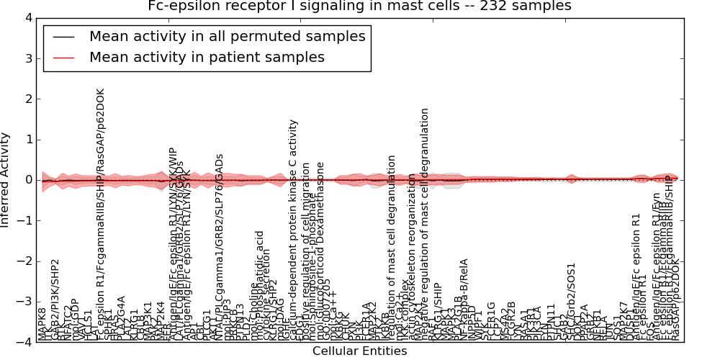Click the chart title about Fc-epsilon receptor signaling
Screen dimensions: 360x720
359,6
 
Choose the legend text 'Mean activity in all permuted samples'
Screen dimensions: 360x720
227,36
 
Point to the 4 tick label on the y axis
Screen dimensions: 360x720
28,18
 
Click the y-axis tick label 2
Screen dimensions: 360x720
28,99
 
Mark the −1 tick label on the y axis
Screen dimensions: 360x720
25,221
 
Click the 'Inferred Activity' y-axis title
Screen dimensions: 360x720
6,180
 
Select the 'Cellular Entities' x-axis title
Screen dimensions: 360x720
359,351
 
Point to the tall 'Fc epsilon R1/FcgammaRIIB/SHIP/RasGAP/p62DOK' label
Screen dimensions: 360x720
101,209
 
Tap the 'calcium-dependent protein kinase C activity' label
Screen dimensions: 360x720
293,230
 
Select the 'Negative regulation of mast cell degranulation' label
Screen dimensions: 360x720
426,223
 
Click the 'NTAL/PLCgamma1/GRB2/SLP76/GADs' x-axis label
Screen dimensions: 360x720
219,245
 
